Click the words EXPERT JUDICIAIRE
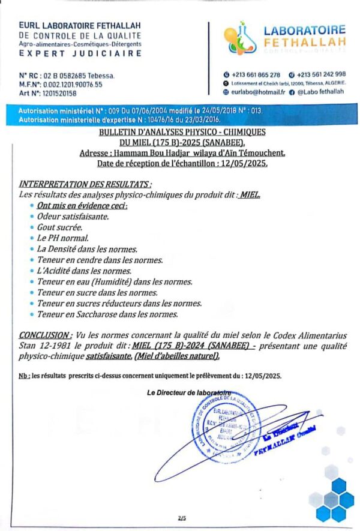click(80, 53)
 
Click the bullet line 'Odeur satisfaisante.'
click(73, 215)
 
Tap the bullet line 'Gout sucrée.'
click(59, 227)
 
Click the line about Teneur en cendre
click(100, 260)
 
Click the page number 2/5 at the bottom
click(182, 518)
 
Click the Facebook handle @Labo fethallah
click(321, 93)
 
